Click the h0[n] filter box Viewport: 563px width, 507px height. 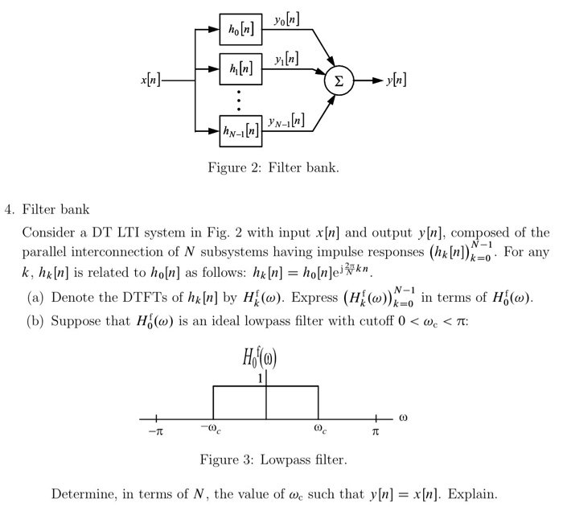240,29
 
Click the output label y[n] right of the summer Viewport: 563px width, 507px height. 396,80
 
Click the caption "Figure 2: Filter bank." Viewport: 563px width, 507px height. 273,168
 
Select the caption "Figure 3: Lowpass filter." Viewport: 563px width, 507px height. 273,460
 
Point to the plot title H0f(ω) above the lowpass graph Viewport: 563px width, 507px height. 266,355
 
